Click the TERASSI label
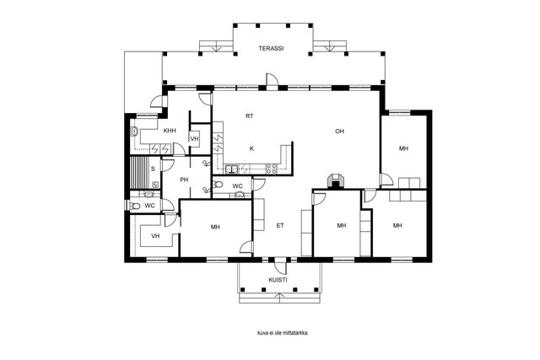pyautogui.click(x=271, y=49)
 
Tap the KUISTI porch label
pyautogui.click(x=278, y=280)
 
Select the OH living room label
pyautogui.click(x=339, y=132)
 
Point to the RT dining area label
pyautogui.click(x=250, y=116)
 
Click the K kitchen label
pyautogui.click(x=251, y=148)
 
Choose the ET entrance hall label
pyautogui.click(x=280, y=225)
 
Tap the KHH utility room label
pyautogui.click(x=170, y=131)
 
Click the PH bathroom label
pyautogui.click(x=184, y=180)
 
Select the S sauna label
pyautogui.click(x=153, y=169)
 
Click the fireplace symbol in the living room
pyautogui.click(x=335, y=181)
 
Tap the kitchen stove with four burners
pyautogui.click(x=272, y=169)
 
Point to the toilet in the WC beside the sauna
pyautogui.click(x=135, y=206)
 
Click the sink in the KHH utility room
pyautogui.click(x=134, y=132)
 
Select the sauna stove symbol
pyautogui.click(x=155, y=185)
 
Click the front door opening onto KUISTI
pyautogui.click(x=280, y=264)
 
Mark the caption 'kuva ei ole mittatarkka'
pyautogui.click(x=283, y=333)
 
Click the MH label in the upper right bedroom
pyautogui.click(x=403, y=148)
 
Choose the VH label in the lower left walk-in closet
pyautogui.click(x=155, y=236)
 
